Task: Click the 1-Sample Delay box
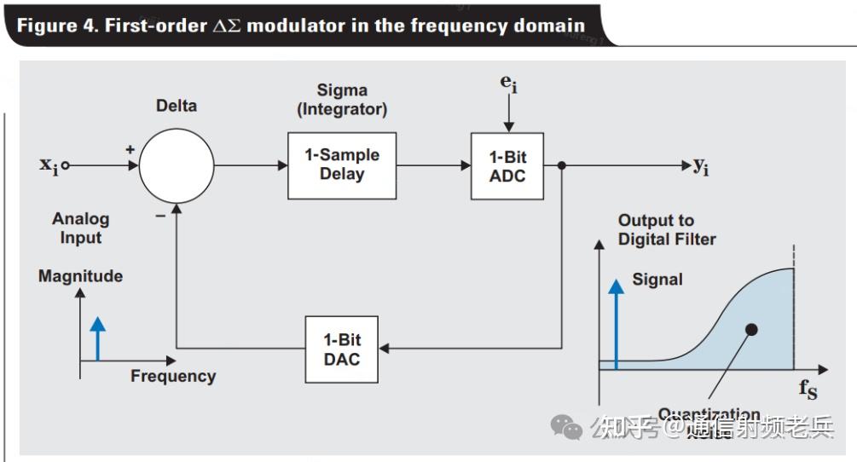point(341,165)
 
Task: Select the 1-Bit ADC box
point(507,166)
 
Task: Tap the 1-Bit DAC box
point(341,349)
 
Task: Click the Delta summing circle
point(177,165)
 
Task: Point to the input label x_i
point(49,165)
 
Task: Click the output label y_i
point(700,166)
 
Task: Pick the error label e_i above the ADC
point(508,84)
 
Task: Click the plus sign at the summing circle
point(130,149)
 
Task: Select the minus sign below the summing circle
point(159,216)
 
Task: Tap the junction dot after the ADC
point(561,165)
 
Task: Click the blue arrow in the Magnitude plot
point(98,338)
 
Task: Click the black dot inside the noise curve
point(750,329)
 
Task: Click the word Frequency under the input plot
point(173,376)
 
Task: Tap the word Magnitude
point(80,276)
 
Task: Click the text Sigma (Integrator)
point(341,99)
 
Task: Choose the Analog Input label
point(80,228)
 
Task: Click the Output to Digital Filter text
point(667,229)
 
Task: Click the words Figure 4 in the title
point(55,25)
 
